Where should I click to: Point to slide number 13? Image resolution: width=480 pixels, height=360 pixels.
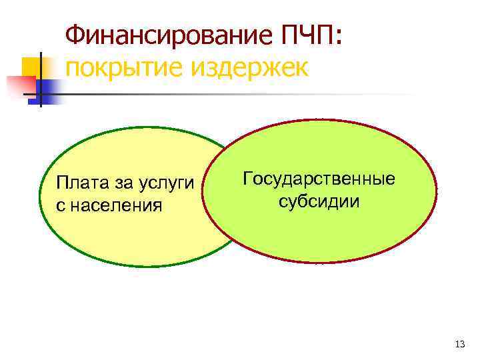point(458,344)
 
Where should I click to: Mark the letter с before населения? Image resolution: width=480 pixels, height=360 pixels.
point(61,205)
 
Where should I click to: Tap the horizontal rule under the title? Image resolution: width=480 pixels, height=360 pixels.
point(267,94)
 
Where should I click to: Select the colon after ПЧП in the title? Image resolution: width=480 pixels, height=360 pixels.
point(341,38)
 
